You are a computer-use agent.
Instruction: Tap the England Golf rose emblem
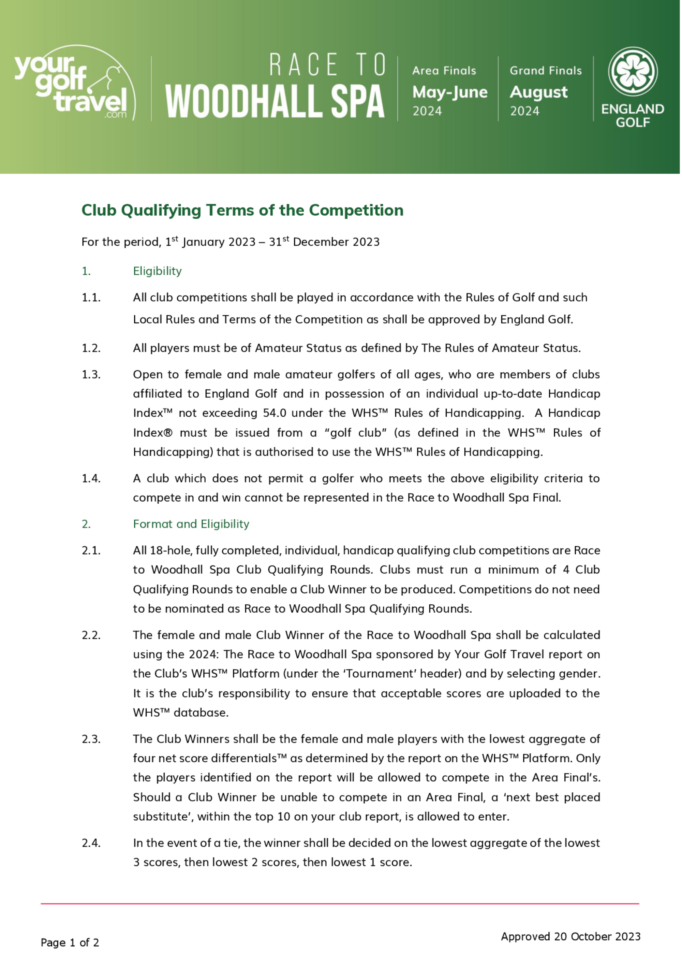[x=633, y=71]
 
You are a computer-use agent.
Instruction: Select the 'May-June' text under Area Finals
[x=450, y=92]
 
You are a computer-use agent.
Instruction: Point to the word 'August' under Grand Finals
[x=538, y=92]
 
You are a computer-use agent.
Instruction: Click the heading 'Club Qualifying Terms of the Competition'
[x=242, y=210]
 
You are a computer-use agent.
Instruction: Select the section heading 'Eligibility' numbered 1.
[x=157, y=271]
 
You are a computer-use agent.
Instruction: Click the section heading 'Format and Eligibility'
[x=191, y=524]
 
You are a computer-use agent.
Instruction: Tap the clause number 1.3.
[x=91, y=374]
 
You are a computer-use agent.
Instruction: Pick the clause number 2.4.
[x=91, y=843]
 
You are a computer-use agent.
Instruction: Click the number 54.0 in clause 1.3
[x=275, y=413]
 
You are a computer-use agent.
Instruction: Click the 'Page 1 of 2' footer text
[x=70, y=943]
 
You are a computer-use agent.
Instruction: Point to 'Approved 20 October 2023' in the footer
[x=570, y=937]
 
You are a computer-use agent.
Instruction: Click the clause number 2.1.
[x=91, y=550]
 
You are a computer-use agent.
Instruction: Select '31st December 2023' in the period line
[x=324, y=242]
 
